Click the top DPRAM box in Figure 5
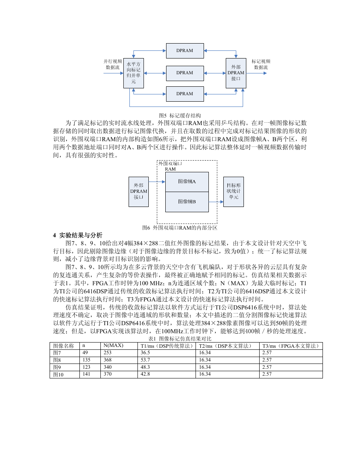coord(185,50)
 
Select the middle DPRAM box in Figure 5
coord(185,73)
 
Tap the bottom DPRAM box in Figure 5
coord(185,94)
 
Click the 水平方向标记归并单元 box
coord(134,73)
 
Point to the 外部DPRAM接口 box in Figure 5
coord(236,73)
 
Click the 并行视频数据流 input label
coord(112,64)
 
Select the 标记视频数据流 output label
coord(261,64)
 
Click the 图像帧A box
coord(187,182)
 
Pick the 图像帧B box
coord(187,202)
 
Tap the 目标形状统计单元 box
coord(233,192)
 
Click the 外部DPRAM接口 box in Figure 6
coord(139,192)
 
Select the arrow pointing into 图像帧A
coord(157,182)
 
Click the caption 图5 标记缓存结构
coord(180,115)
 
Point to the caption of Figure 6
coord(180,228)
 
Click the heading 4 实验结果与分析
coord(77,235)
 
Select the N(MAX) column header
coord(113,346)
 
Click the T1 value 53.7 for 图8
coord(145,360)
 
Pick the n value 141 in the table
coord(86,374)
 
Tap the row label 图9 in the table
coord(57,367)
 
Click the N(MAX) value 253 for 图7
coord(108,353)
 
